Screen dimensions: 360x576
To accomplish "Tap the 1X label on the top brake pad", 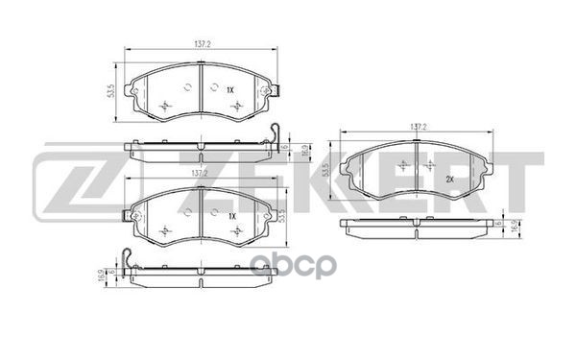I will [230, 88].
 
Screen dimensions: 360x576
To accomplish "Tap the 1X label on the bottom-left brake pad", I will [230, 216].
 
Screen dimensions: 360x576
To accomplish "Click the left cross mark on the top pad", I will [165, 104].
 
